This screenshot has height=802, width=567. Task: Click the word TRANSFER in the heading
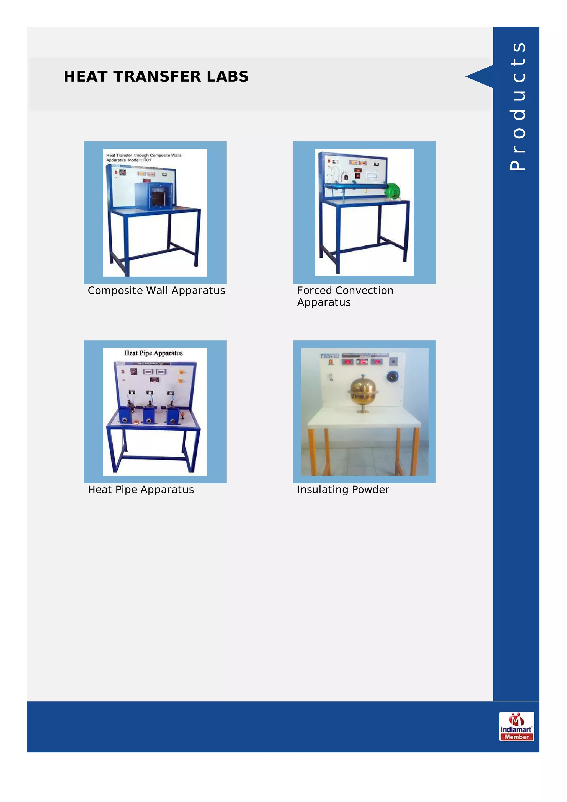pyautogui.click(x=157, y=76)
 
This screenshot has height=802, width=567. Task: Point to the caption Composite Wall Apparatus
pyautogui.click(x=156, y=290)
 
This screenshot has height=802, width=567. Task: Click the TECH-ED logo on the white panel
pyautogui.click(x=329, y=356)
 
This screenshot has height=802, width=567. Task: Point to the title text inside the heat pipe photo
pyautogui.click(x=153, y=353)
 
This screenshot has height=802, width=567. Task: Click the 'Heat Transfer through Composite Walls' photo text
pyautogui.click(x=144, y=157)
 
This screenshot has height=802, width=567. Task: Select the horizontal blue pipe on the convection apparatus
pyautogui.click(x=355, y=187)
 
